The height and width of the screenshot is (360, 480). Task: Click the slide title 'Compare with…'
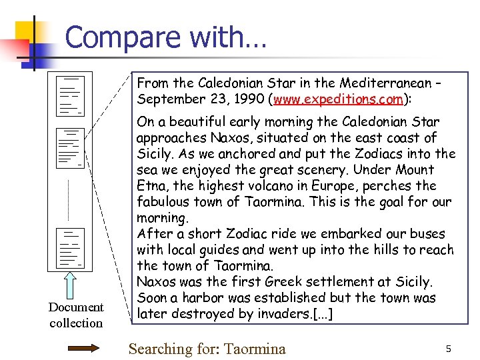coord(165,37)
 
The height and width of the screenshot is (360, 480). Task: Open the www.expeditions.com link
coord(336,99)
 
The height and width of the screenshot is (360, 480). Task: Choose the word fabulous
coord(165,202)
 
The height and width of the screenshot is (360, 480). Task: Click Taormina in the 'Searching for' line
coord(255,349)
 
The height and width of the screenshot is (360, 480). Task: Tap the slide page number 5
coord(449,349)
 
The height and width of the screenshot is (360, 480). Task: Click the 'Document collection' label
coord(76,315)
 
